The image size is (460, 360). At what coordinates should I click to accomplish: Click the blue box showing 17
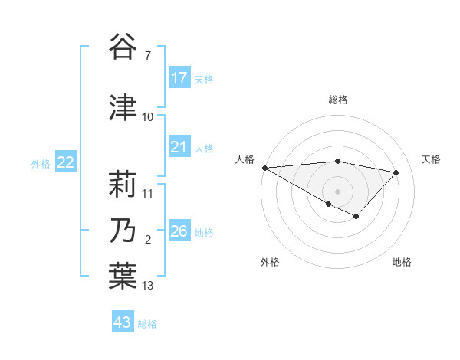click(x=179, y=78)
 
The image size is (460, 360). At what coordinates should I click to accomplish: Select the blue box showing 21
click(x=179, y=147)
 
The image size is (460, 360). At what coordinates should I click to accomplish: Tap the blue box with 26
click(x=179, y=231)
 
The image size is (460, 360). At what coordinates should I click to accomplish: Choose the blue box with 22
click(x=66, y=162)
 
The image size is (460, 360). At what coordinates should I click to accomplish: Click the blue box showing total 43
click(x=123, y=322)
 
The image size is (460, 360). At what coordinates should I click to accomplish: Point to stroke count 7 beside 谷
click(x=147, y=56)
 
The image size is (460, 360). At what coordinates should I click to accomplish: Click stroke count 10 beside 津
click(x=148, y=116)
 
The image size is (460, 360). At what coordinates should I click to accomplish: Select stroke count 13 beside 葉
click(x=148, y=286)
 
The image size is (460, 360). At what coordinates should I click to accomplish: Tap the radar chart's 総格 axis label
click(x=337, y=100)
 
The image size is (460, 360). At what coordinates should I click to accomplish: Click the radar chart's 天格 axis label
click(x=432, y=159)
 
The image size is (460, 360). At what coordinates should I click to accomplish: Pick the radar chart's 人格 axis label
click(x=245, y=159)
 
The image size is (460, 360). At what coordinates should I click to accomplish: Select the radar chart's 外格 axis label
click(x=270, y=262)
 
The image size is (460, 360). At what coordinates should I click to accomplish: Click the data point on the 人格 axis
click(x=264, y=167)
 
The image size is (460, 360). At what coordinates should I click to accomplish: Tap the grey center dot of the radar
click(x=337, y=191)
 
